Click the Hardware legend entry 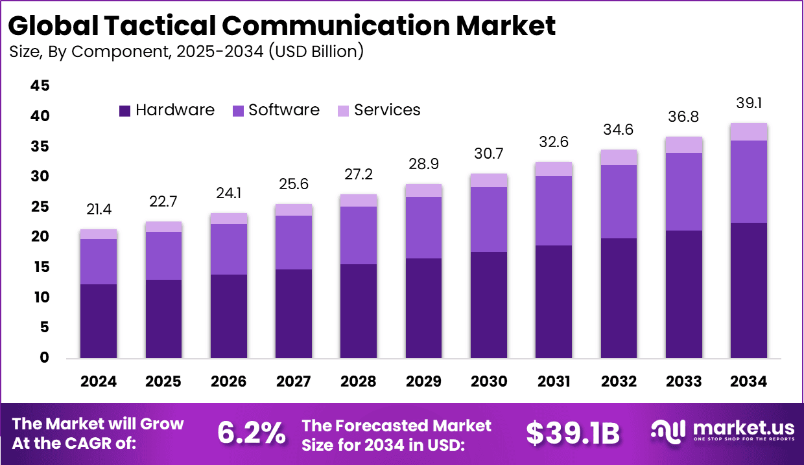tap(167, 110)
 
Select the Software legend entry tap(276, 110)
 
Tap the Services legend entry tap(379, 110)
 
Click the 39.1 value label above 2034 tap(749, 104)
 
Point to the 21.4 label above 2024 tap(99, 210)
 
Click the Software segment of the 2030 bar tap(489, 219)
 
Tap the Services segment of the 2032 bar tap(619, 157)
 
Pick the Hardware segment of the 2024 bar tap(99, 321)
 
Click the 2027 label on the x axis tap(294, 381)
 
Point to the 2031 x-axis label tap(554, 381)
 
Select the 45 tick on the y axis tap(40, 86)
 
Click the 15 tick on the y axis tap(40, 267)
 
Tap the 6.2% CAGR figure tap(251, 433)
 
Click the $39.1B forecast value tap(573, 433)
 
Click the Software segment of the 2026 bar tap(229, 249)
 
